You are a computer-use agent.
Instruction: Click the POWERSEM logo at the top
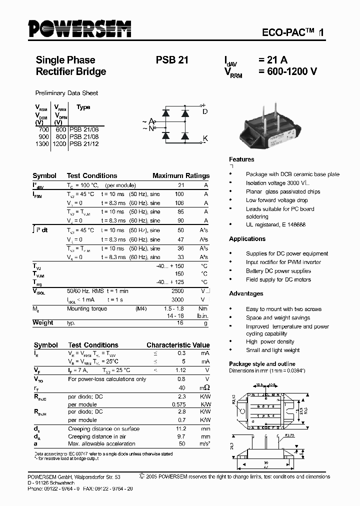pyautogui.click(x=79, y=29)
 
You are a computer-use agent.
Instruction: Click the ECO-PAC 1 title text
pyautogui.click(x=293, y=32)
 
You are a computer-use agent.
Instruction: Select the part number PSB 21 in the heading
pyautogui.click(x=172, y=60)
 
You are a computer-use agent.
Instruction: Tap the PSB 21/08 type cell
pyautogui.click(x=84, y=136)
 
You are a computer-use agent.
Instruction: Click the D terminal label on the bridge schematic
pyautogui.click(x=204, y=111)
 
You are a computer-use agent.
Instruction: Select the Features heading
pyautogui.click(x=241, y=159)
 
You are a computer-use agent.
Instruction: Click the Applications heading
pyautogui.click(x=247, y=239)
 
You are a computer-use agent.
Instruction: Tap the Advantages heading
pyautogui.click(x=246, y=293)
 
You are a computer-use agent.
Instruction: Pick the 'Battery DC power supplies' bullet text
pyautogui.click(x=278, y=271)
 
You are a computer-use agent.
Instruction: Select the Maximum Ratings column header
pyautogui.click(x=180, y=176)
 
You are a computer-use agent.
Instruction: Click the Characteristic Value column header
pyautogui.click(x=178, y=345)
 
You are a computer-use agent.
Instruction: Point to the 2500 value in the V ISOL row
pyautogui.click(x=177, y=290)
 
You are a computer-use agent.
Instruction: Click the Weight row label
pyautogui.click(x=43, y=323)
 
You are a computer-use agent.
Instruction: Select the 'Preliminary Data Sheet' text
pyautogui.click(x=66, y=93)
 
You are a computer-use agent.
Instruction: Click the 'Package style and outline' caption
pyautogui.click(x=262, y=364)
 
